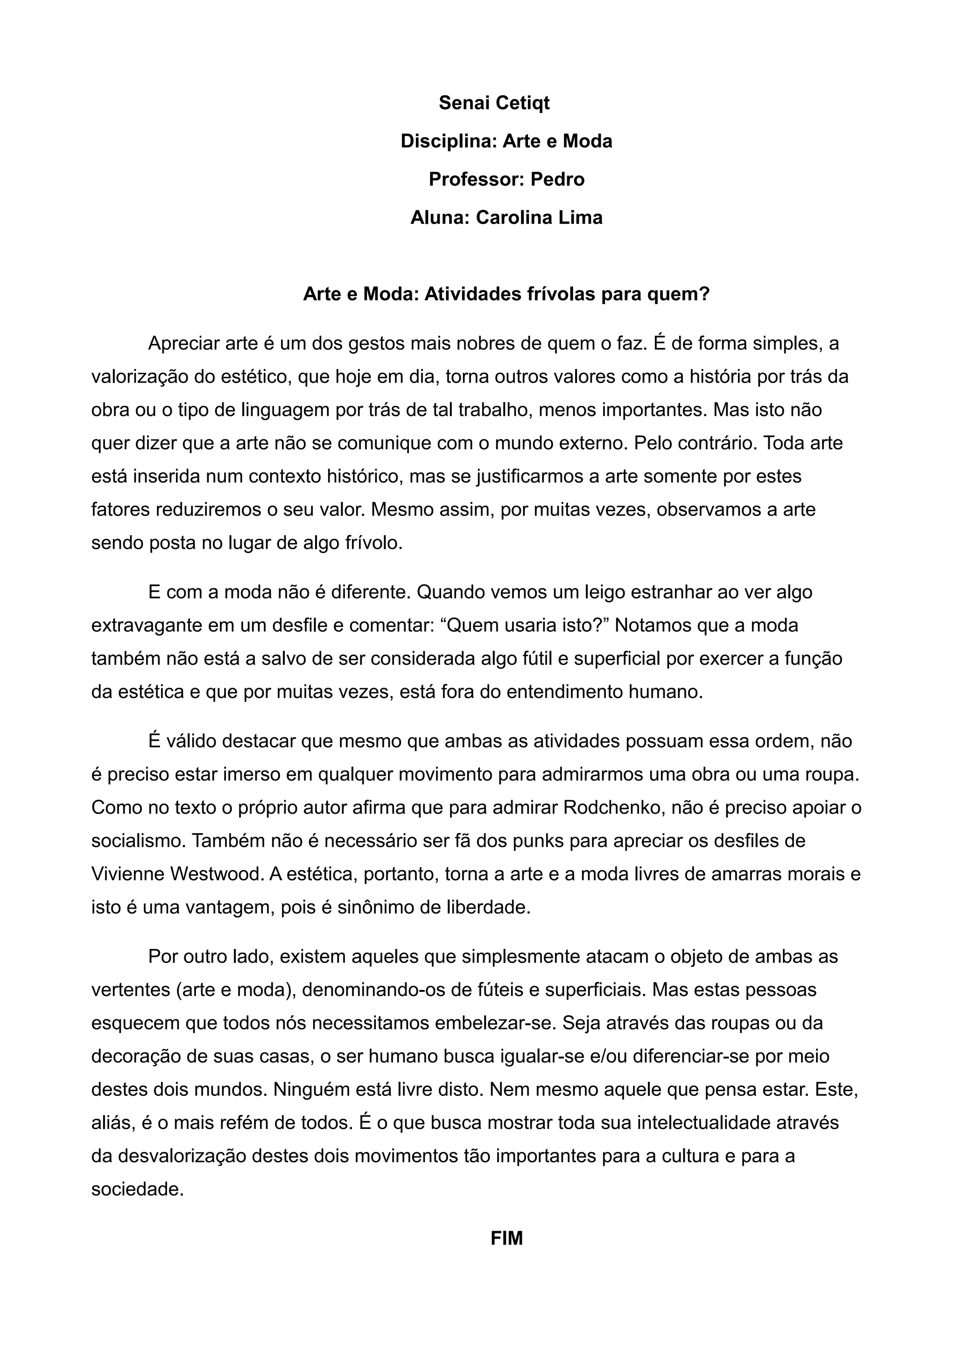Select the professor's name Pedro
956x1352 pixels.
[x=557, y=179]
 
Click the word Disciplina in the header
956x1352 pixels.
[x=449, y=141]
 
